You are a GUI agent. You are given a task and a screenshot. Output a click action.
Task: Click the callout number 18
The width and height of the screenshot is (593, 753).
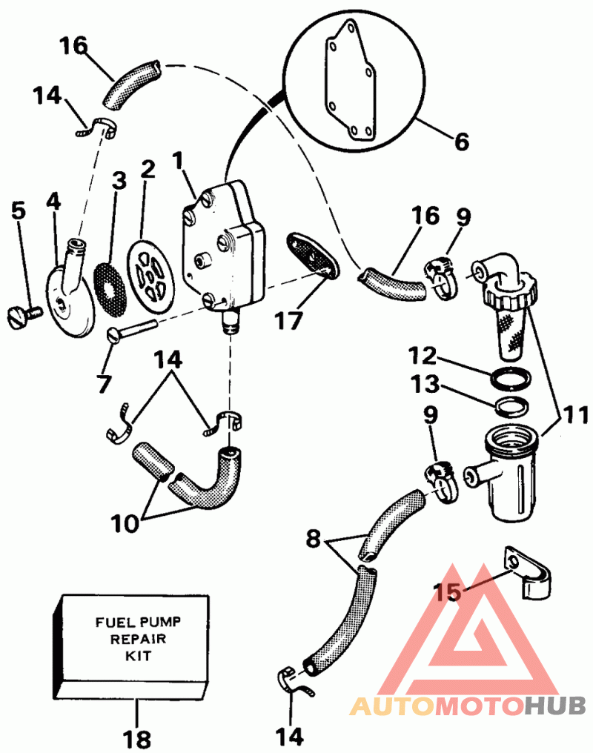(x=137, y=739)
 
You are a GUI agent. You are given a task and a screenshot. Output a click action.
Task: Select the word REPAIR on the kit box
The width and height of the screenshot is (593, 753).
(x=139, y=639)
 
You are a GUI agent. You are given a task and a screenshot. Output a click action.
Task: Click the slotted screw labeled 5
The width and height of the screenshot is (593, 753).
(x=25, y=316)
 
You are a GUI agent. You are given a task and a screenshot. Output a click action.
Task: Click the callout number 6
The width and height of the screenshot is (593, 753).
(x=461, y=142)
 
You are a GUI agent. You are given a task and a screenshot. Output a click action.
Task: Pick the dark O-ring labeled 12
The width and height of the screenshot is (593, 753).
(x=512, y=377)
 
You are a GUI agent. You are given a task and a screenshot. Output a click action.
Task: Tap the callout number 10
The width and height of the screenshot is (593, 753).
(x=125, y=524)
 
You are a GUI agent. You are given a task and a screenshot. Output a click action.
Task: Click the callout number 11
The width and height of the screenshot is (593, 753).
(x=575, y=415)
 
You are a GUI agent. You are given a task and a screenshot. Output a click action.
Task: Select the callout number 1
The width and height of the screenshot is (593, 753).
(x=179, y=160)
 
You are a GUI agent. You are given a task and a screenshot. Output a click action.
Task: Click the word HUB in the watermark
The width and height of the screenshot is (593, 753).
(x=554, y=706)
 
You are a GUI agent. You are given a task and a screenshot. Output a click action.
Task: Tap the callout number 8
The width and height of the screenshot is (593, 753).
(x=313, y=540)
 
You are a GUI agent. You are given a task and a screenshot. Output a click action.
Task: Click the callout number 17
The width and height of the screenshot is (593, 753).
(x=288, y=321)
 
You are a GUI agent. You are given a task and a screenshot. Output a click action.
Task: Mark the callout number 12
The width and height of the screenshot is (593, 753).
(x=423, y=356)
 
